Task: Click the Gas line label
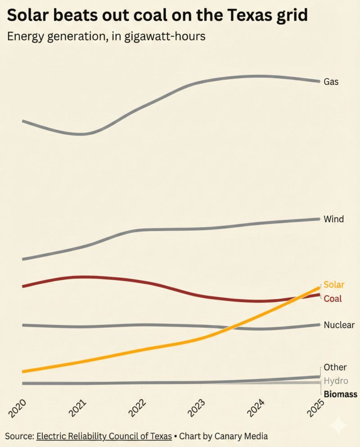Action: click(x=331, y=82)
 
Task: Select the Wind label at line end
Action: click(x=333, y=219)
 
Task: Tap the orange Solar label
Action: click(x=334, y=284)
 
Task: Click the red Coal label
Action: click(x=333, y=298)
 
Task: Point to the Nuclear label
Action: click(x=339, y=325)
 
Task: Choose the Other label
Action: click(x=335, y=368)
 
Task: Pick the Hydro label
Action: click(x=336, y=381)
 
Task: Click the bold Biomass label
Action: click(x=340, y=394)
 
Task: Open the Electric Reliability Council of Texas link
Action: click(x=104, y=436)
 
